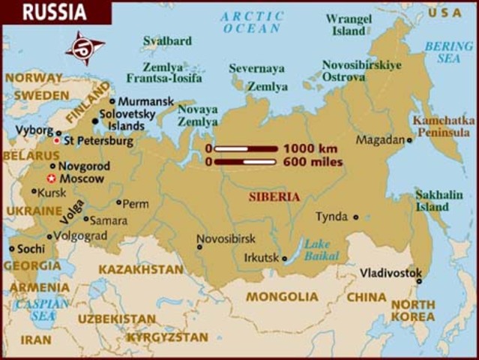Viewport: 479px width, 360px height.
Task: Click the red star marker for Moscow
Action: point(51,178)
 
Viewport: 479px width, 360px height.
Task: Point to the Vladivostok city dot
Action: point(419,281)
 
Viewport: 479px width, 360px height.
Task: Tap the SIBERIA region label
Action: point(274,196)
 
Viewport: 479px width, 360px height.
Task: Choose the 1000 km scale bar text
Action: point(310,148)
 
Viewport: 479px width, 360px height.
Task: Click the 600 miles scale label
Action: point(313,161)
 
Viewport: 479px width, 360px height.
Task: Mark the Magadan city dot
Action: point(410,140)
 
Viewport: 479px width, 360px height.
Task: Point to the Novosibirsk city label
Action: point(226,238)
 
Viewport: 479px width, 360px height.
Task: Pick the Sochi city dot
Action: point(12,248)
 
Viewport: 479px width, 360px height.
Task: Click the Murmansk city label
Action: point(146,100)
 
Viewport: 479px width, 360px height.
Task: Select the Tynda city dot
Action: point(355,217)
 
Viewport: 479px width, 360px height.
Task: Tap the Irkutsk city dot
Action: point(285,259)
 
